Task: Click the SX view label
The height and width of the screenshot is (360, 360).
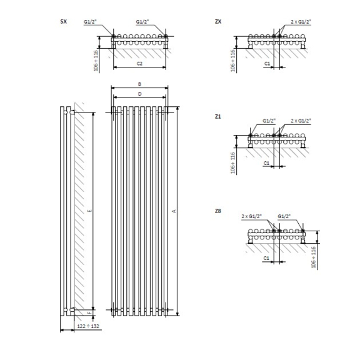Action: click(x=63, y=22)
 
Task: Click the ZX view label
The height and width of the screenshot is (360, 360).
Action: click(x=218, y=22)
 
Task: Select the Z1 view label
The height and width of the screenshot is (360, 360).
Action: click(x=218, y=116)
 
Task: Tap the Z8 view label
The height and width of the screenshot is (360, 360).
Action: click(x=218, y=211)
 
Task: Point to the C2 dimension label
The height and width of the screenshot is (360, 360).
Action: click(x=140, y=64)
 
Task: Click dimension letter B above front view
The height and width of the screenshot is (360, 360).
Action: click(x=140, y=84)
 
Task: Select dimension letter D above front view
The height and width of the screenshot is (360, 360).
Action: click(x=140, y=94)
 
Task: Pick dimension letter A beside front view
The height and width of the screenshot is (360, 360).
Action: click(x=174, y=212)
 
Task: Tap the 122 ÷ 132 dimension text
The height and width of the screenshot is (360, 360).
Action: click(x=88, y=326)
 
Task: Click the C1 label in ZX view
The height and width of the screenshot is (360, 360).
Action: click(x=267, y=64)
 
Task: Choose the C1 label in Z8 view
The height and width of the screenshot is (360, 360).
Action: click(x=267, y=257)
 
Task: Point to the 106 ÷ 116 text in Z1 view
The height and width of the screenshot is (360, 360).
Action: click(x=232, y=162)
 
